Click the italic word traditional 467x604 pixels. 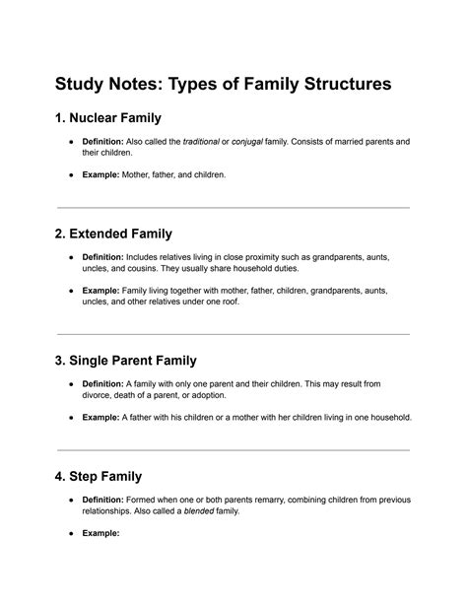click(201, 143)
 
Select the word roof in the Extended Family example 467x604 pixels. click(227, 302)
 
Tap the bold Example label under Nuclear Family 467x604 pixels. click(100, 175)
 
